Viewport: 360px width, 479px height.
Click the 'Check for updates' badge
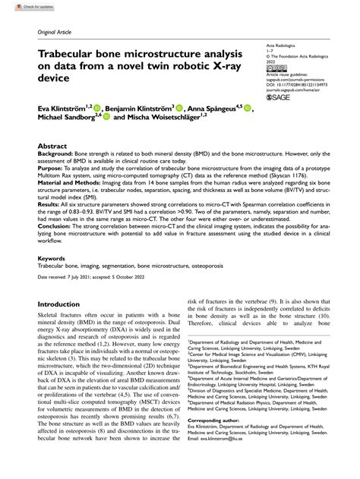coord(22,5)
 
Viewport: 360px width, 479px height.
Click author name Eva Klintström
coord(64,109)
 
